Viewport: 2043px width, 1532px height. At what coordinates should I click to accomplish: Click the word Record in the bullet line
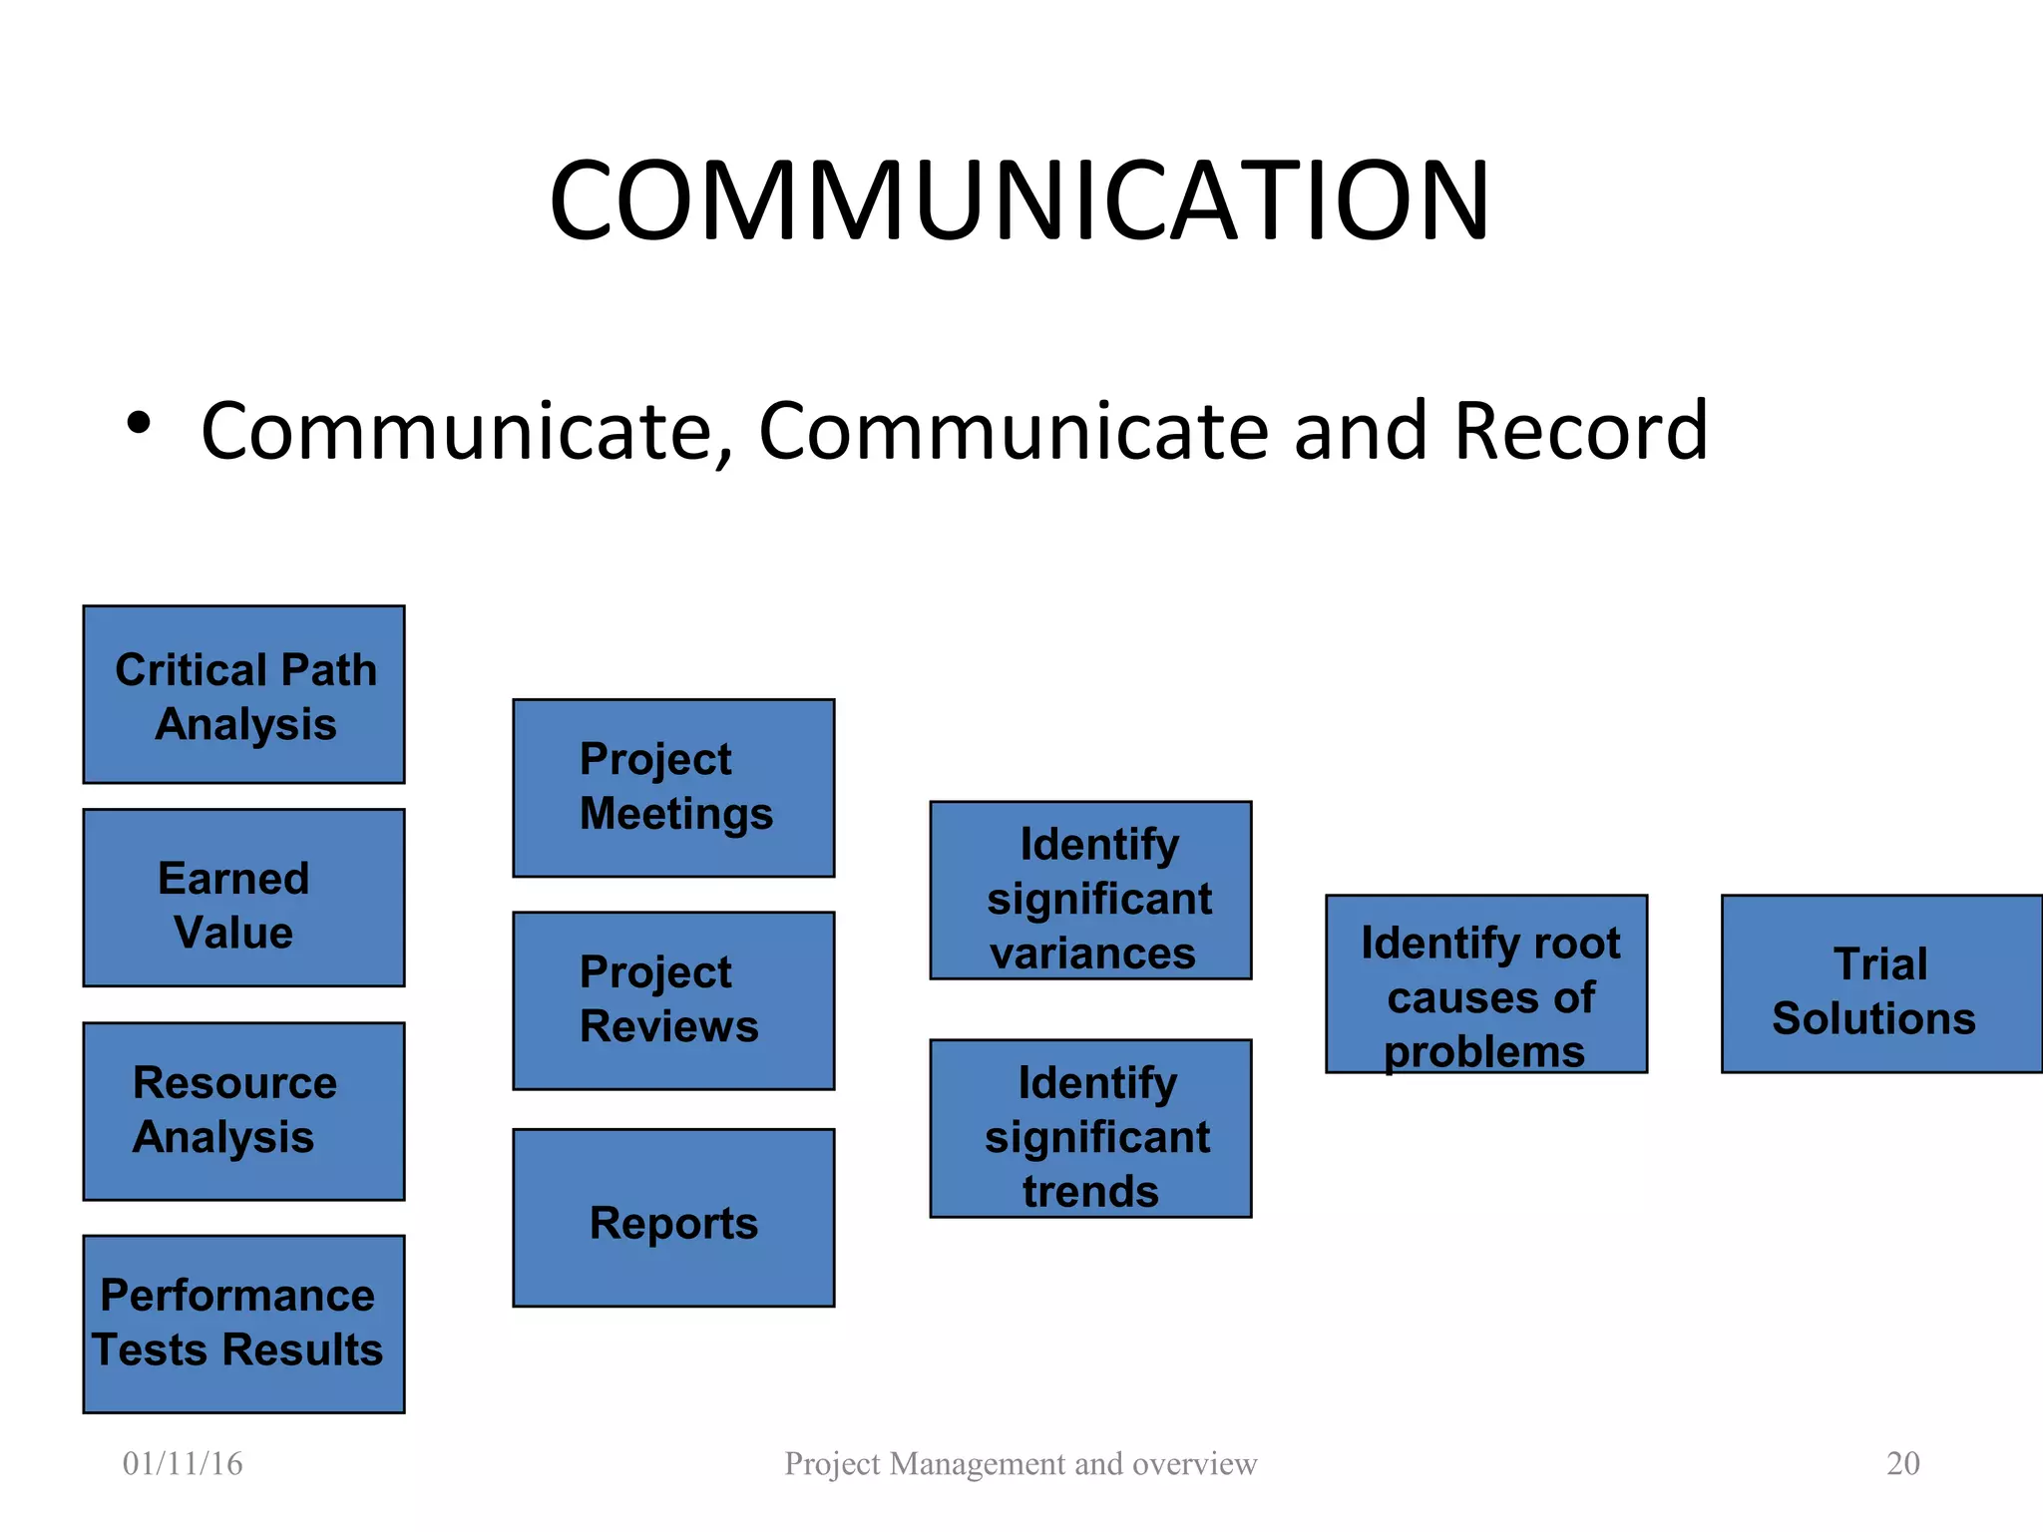point(1580,431)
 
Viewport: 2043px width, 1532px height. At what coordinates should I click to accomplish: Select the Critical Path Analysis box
point(244,694)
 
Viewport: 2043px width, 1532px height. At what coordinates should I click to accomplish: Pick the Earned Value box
point(244,898)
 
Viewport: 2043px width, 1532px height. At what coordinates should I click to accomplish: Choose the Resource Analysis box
point(244,1111)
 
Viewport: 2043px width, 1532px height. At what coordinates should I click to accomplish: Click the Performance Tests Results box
point(244,1324)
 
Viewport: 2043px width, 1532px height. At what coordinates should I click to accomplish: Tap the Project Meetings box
point(673,788)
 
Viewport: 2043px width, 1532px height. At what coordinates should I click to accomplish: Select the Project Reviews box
point(673,1000)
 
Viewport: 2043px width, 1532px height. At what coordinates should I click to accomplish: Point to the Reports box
point(673,1218)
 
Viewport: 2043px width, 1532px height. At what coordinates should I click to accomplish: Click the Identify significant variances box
point(1090,890)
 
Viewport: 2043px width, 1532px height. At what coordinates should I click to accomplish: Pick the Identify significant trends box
point(1090,1128)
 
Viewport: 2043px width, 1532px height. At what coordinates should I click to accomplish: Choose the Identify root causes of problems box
point(1486,983)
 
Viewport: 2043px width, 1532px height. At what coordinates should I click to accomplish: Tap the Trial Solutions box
point(1881,983)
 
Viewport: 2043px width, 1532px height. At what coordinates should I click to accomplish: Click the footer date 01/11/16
point(183,1463)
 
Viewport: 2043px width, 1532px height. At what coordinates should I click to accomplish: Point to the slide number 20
point(1902,1463)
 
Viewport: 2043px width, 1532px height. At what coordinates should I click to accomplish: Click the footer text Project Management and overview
point(1021,1463)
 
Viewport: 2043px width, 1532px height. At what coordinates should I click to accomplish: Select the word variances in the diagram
point(1092,954)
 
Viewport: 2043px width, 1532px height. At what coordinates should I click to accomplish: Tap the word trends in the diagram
point(1090,1192)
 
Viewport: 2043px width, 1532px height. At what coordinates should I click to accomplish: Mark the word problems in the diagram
point(1484,1052)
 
